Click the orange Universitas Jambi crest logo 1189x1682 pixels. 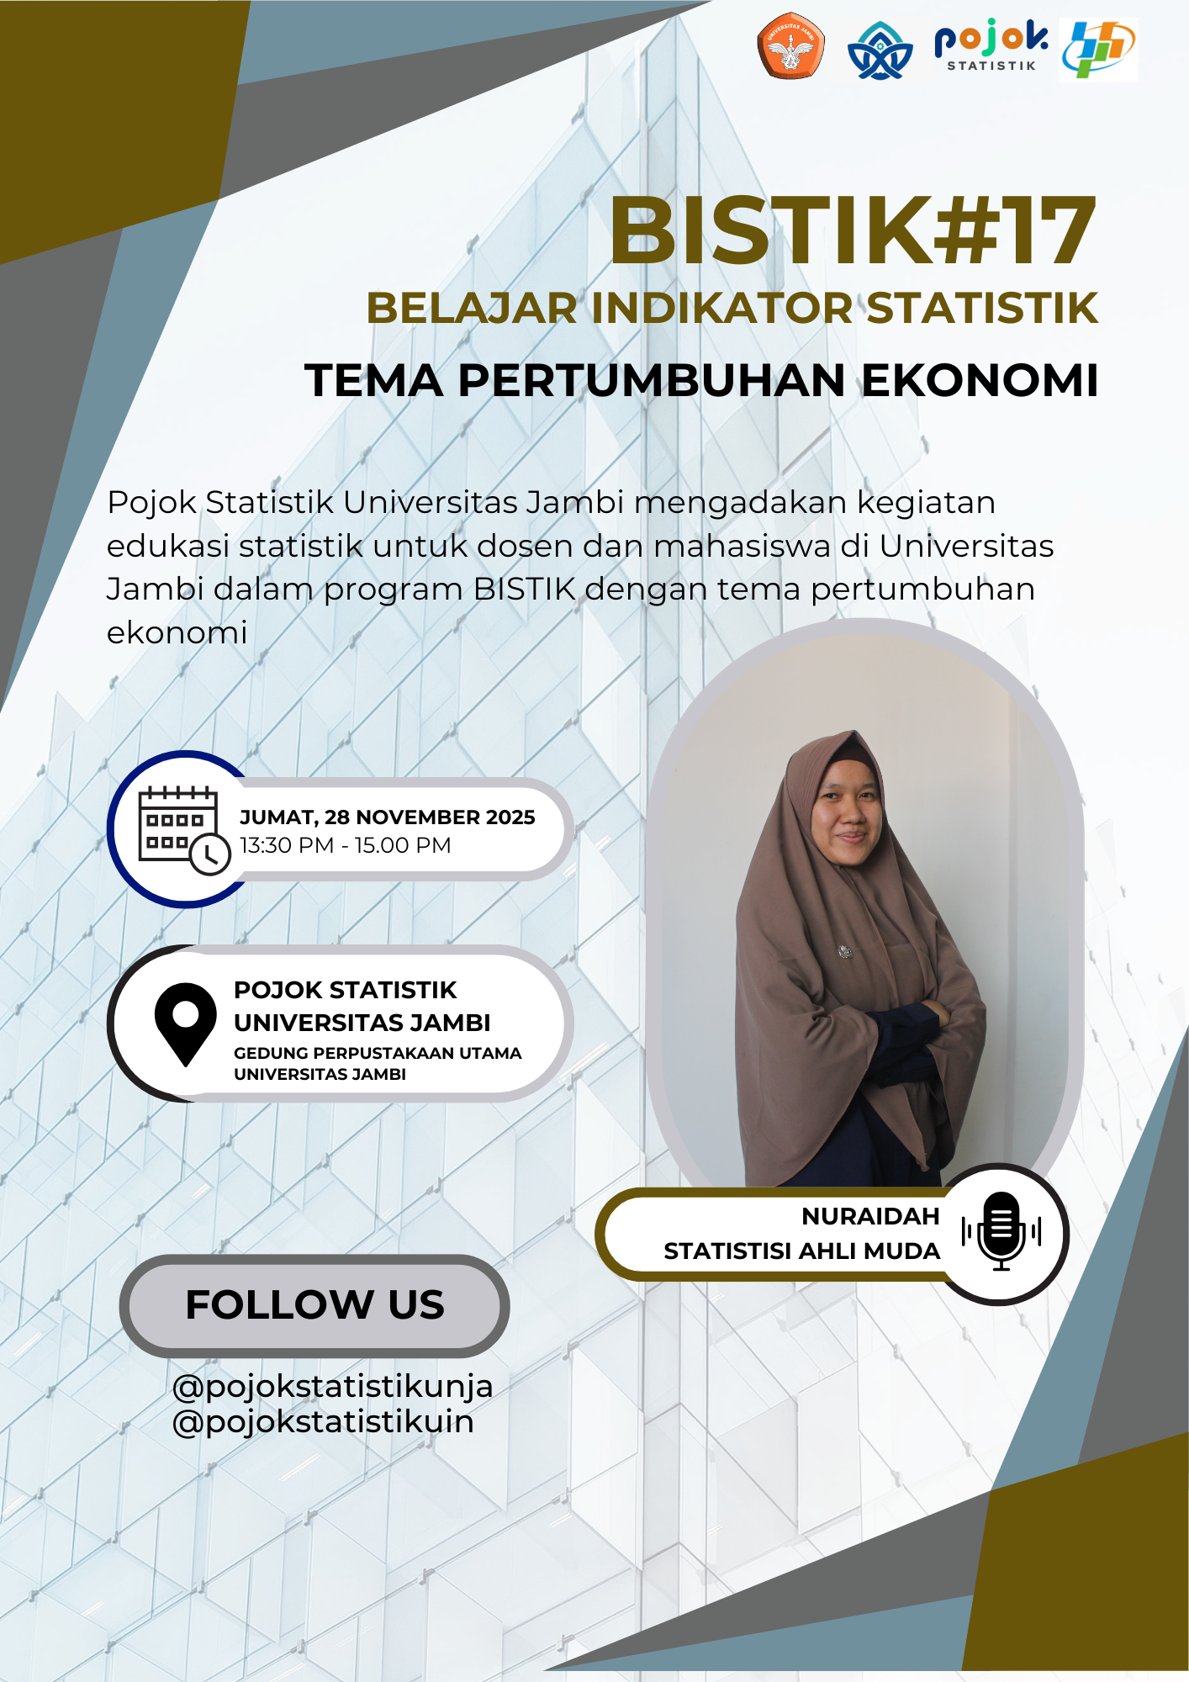(790, 46)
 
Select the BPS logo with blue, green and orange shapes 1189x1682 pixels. (1098, 50)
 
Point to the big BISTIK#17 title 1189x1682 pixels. (853, 230)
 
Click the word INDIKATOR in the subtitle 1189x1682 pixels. (722, 308)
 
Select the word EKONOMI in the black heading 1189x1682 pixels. (980, 380)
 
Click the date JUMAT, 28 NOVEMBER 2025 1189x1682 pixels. (387, 817)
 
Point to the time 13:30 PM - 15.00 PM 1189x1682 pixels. (346, 845)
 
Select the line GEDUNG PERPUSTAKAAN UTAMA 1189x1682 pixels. (378, 1053)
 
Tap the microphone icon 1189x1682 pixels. (1001, 1231)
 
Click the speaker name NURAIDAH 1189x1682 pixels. (870, 1216)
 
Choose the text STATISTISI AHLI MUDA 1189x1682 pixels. (801, 1251)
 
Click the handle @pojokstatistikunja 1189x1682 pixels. (332, 1387)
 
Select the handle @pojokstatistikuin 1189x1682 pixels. (323, 1422)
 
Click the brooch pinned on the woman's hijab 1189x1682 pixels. (845, 952)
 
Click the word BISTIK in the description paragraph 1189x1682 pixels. (525, 589)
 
